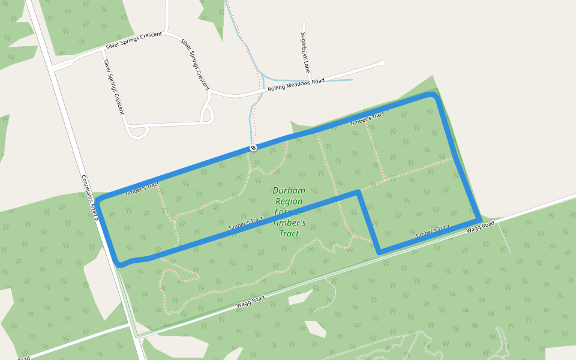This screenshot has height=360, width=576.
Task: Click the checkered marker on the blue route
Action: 253,148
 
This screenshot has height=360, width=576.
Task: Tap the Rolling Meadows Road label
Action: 296,85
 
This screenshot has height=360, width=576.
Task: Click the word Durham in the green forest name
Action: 289,191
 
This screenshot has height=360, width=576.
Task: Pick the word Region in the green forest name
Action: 289,202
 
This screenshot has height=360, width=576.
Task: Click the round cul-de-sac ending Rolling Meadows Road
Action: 381,63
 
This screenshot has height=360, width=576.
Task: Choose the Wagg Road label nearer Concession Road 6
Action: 250,302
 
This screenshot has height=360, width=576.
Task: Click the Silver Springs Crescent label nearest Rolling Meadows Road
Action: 195,63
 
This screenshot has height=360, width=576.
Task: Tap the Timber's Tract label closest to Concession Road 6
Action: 142,189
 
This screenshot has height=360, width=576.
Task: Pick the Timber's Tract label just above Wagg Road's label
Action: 432,230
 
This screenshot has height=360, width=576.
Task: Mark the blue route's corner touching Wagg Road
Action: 478,220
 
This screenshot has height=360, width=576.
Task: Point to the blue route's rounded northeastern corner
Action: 434,96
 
